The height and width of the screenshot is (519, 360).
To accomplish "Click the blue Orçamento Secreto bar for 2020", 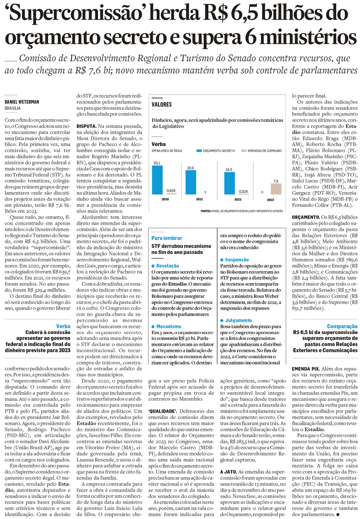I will point(157,180).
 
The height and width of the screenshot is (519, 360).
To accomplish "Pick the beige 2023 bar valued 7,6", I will point(276,189).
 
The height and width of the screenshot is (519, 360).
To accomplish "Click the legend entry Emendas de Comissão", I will point(264,151).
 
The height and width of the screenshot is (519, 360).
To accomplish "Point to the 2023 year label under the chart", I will point(270,200).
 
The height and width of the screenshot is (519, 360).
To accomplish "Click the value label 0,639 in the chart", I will point(171,191).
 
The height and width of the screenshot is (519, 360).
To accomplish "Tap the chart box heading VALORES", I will point(162,105).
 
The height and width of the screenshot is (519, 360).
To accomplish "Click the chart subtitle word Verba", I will point(159,144).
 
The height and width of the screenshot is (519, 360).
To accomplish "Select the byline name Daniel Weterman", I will point(22,102).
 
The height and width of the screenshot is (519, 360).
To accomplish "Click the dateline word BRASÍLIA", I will point(13,108).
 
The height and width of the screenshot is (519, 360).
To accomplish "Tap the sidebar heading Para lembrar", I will point(167,238).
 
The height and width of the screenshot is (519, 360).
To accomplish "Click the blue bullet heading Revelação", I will point(168,266).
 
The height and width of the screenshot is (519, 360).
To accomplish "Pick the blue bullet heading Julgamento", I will point(238,320).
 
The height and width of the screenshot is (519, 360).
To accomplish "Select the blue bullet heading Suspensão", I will point(237,260).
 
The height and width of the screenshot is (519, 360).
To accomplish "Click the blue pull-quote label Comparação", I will point(342,326).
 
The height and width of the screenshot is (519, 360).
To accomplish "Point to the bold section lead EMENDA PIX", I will point(306,369).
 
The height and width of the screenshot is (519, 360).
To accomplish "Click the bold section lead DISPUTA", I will point(86,126).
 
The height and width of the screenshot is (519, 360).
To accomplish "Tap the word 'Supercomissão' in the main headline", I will point(75,14).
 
